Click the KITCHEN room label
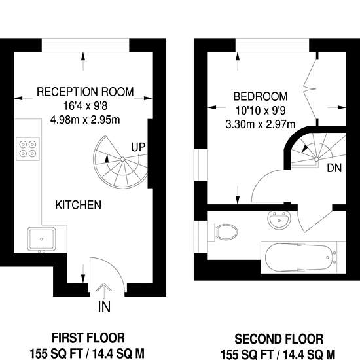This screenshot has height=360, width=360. tap(79, 205)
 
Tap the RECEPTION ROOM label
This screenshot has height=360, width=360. tap(85, 92)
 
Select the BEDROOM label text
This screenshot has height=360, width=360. tap(261, 96)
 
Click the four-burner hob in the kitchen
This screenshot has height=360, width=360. tap(27, 149)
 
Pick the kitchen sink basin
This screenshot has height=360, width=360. tap(41, 239)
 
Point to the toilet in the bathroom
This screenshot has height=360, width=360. tap(223, 232)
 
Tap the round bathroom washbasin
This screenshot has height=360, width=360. tap(279, 220)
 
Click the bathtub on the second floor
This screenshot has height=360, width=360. tap(301, 257)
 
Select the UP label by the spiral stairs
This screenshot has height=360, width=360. tap(138, 147)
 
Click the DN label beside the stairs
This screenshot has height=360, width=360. tap(334, 168)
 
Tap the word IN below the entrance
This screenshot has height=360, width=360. tap(104, 307)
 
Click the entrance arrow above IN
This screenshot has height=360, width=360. tap(104, 291)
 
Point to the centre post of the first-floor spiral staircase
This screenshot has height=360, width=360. tap(122, 159)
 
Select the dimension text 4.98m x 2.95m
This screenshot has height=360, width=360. tap(85, 120)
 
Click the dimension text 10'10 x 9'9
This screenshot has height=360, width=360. tap(261, 111)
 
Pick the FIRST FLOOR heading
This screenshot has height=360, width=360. tap(88, 338)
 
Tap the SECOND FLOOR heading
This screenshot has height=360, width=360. tap(279, 339)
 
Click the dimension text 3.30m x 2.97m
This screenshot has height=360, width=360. tap(261, 124)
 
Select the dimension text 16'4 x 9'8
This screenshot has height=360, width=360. tap(85, 106)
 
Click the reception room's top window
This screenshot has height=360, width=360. tap(85, 45)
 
